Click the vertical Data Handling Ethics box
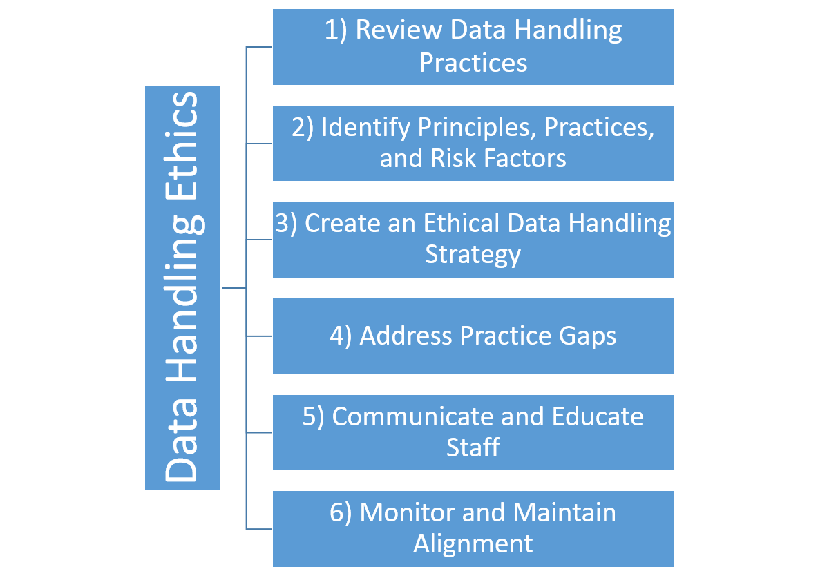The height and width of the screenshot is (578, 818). point(182,287)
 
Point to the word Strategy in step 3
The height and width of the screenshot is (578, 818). point(473,255)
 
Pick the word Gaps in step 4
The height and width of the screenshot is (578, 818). point(587,336)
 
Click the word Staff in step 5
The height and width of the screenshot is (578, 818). point(473,447)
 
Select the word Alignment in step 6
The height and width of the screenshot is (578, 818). point(473,543)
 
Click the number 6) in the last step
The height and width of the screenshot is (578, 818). point(341,513)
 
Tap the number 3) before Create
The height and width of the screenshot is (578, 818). point(286,224)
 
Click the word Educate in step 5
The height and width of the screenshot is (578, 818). point(598,417)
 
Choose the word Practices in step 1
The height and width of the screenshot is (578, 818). point(473,63)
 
